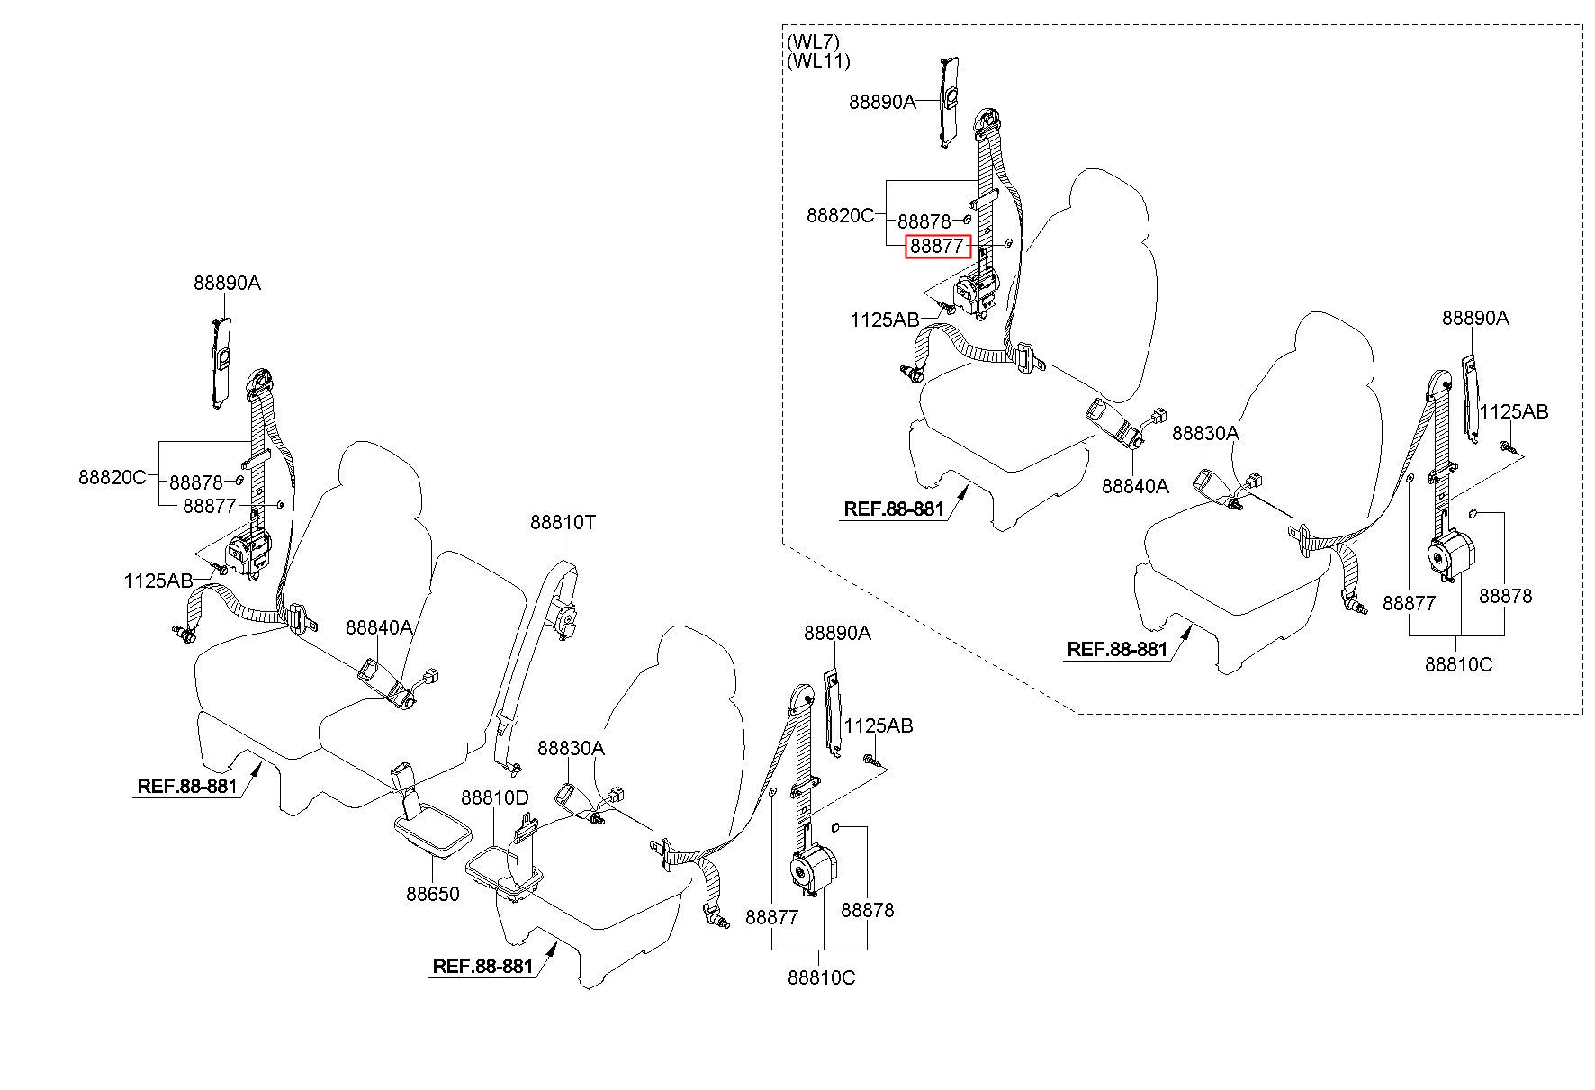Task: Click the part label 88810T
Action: (x=563, y=522)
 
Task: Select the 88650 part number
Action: (x=433, y=894)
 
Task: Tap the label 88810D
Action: (x=495, y=798)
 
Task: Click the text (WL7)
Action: (x=813, y=42)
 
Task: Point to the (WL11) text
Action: (x=818, y=61)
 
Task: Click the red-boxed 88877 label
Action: (x=938, y=246)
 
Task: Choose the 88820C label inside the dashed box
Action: (x=841, y=216)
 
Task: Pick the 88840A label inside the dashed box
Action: (x=1136, y=486)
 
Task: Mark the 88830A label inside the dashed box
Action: (x=1205, y=433)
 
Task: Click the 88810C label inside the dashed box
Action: (x=1458, y=664)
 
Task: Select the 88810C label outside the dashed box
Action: (x=821, y=977)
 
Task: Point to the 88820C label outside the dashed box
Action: (x=113, y=477)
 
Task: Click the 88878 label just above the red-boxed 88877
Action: (x=924, y=221)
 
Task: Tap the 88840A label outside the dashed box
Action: (x=380, y=627)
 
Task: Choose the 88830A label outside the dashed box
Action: (x=572, y=748)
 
